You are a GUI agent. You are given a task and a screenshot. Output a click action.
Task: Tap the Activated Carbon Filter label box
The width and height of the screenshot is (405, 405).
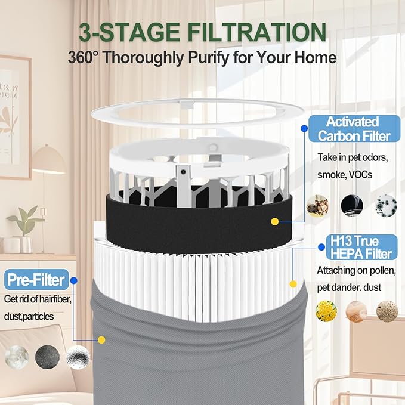click(x=354, y=129)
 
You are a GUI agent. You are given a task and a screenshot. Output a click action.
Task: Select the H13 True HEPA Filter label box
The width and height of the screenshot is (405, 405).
click(x=361, y=247)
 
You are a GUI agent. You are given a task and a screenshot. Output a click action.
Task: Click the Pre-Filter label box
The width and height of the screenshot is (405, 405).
click(x=36, y=280)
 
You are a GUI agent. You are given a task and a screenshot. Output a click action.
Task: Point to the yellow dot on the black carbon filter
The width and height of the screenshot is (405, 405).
click(x=275, y=222)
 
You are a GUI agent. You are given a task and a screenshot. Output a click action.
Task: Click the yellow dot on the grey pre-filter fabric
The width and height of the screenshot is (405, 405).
click(x=101, y=339)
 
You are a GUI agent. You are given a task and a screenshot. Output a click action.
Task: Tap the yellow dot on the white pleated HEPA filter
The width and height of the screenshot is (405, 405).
click(x=293, y=284)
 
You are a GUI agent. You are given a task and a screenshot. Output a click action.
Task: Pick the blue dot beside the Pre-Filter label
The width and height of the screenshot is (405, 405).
click(x=73, y=280)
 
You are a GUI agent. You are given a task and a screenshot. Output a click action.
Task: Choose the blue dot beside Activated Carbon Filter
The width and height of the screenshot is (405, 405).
click(x=304, y=128)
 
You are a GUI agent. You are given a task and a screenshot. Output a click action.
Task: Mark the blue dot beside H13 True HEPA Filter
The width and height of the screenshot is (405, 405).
click(x=321, y=247)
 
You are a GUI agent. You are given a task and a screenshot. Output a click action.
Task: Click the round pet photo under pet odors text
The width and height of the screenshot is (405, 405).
click(x=317, y=206)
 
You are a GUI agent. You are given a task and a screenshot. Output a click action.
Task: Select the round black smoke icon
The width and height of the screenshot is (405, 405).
click(x=352, y=206)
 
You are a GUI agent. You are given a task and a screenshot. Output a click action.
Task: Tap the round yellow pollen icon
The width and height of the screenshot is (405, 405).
click(x=326, y=311)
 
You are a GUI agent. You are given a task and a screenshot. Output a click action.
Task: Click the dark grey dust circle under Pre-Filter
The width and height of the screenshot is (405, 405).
click(x=47, y=357)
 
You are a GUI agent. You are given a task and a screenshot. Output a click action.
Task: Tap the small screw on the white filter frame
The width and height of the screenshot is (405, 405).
click(x=183, y=172)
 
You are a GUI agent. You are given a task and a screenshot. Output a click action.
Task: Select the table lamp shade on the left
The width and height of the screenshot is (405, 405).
click(x=49, y=159)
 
